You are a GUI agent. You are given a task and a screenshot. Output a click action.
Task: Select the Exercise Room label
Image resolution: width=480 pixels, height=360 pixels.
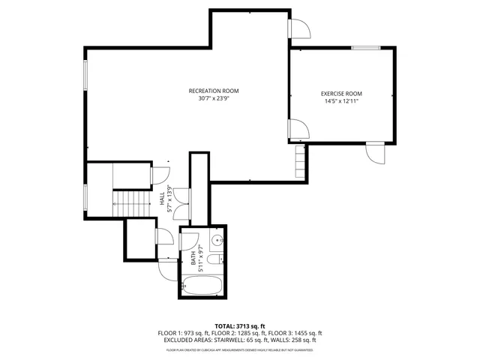341,93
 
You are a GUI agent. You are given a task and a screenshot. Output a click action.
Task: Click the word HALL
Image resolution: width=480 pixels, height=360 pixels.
162,198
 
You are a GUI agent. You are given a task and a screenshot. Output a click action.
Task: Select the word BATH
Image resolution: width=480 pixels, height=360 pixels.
193,259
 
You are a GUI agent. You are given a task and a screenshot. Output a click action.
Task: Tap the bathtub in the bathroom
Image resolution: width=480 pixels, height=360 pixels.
202,286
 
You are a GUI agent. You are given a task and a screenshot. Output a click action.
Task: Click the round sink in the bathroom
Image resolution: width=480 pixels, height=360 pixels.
216,241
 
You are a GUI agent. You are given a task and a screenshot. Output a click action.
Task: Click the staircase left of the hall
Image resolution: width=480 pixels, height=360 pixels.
132,202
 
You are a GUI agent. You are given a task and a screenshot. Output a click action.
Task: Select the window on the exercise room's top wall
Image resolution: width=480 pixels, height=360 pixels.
365,48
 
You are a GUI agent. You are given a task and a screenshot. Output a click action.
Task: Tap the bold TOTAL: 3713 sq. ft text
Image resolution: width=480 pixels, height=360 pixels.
239,326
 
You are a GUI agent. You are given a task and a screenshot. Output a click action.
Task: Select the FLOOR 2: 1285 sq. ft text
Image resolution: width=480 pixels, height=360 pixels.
239,333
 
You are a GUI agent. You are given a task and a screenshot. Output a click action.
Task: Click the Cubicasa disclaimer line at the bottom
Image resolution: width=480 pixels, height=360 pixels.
239,349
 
